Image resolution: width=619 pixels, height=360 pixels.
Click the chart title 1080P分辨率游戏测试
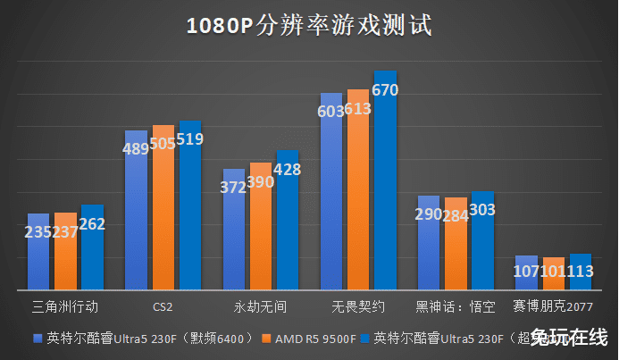pos(309,26)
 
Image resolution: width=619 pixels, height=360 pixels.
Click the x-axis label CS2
pos(163,306)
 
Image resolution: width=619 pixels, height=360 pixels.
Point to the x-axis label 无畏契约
pos(357,306)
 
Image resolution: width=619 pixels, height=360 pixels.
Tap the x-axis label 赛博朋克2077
pos(553,306)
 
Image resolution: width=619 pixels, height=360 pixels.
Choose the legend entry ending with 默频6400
pos(147,339)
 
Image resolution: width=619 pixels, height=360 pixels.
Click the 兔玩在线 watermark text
pos(568,339)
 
